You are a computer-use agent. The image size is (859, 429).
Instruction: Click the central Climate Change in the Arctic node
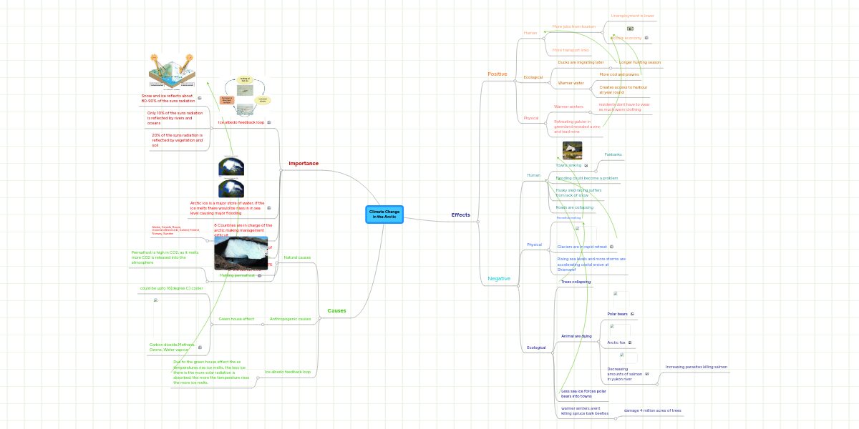click(x=384, y=214)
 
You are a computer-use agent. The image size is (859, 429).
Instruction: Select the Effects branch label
click(x=460, y=214)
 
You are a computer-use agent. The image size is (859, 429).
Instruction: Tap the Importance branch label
click(x=304, y=163)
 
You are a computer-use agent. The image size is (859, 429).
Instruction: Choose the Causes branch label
click(x=336, y=311)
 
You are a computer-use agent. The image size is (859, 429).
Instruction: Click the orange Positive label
click(x=497, y=74)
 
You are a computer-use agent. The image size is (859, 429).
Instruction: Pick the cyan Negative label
click(x=499, y=278)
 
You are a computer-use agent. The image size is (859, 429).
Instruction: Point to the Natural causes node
click(x=297, y=257)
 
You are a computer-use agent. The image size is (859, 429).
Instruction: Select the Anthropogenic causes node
click(x=290, y=318)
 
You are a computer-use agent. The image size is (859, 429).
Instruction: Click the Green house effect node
click(x=236, y=318)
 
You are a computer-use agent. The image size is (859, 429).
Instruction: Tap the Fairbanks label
click(x=613, y=154)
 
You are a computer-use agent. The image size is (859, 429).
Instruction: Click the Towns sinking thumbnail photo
click(x=572, y=150)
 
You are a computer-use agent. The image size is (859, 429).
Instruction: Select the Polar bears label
click(x=617, y=314)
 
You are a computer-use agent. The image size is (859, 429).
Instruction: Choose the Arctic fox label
click(x=616, y=342)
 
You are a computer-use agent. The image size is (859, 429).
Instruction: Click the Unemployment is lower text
click(x=632, y=15)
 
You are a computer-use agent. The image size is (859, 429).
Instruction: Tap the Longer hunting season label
click(x=639, y=62)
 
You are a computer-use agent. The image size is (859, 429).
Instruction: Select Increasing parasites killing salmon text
click(x=696, y=366)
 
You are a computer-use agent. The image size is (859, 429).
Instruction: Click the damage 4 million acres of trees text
click(x=652, y=410)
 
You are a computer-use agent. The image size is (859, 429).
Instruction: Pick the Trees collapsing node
click(x=576, y=282)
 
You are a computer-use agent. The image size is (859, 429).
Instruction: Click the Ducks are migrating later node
click(x=581, y=62)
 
